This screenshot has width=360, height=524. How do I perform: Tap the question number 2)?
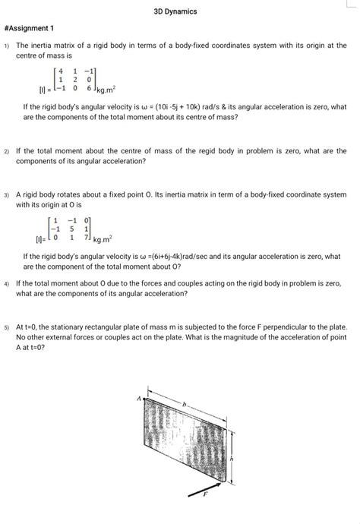6,152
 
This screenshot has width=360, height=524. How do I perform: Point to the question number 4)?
6,282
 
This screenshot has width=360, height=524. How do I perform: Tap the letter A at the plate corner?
139,397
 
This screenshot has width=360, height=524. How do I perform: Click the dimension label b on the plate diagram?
183,407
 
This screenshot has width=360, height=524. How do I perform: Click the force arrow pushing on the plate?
207,496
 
